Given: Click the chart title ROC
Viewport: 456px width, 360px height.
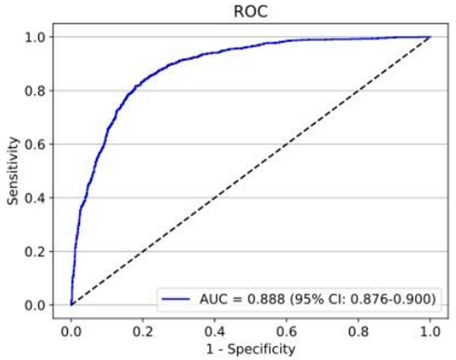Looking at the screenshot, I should click(x=250, y=12).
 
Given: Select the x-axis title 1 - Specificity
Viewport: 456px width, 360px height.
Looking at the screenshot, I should click(x=250, y=348).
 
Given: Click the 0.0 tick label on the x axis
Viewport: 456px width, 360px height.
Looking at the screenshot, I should click(x=71, y=332).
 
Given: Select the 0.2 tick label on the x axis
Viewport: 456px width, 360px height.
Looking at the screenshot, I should click(x=143, y=332).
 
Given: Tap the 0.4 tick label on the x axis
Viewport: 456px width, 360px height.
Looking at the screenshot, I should click(x=214, y=332).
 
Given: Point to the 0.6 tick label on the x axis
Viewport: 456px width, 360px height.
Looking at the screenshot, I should click(x=286, y=332).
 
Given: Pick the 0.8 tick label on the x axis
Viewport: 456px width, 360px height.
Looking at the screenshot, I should click(x=358, y=332).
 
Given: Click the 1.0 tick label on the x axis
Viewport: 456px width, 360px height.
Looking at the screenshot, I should click(x=429, y=332).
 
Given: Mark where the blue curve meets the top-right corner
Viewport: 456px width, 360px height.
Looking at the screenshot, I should click(x=429, y=37).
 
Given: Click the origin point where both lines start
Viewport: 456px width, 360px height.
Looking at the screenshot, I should click(x=71, y=305).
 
